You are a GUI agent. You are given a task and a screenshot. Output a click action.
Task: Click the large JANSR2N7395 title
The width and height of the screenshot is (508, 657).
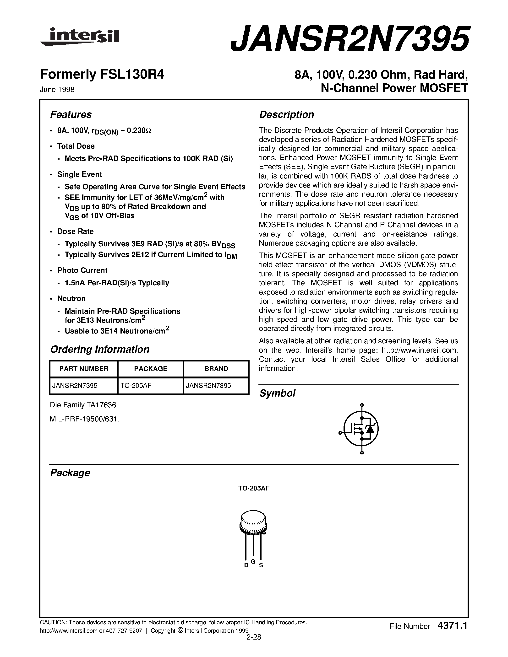click(349, 38)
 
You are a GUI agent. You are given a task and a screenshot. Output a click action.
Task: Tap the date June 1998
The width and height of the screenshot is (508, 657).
click(57, 90)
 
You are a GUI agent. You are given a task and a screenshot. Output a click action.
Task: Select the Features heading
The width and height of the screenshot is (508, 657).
click(71, 115)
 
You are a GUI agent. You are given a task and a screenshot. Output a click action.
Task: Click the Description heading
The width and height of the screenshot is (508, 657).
click(286, 115)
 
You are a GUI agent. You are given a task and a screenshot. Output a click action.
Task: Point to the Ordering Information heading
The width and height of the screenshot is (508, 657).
click(100, 349)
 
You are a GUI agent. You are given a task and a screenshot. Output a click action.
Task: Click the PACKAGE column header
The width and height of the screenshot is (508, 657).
click(150, 369)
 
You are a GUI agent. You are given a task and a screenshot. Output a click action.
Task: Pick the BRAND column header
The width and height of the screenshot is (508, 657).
click(216, 369)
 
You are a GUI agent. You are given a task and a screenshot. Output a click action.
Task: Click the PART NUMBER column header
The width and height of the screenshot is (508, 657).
click(84, 369)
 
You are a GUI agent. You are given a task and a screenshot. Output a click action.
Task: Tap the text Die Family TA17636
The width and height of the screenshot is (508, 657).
click(84, 405)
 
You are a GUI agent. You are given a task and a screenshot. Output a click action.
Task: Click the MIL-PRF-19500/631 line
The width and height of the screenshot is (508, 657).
click(85, 419)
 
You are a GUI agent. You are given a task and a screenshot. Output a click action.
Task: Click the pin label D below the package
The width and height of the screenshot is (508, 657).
click(246, 565)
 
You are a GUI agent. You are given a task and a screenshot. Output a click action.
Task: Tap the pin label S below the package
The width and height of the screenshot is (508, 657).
click(261, 565)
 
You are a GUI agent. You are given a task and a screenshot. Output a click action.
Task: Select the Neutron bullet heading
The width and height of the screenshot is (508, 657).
click(72, 299)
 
